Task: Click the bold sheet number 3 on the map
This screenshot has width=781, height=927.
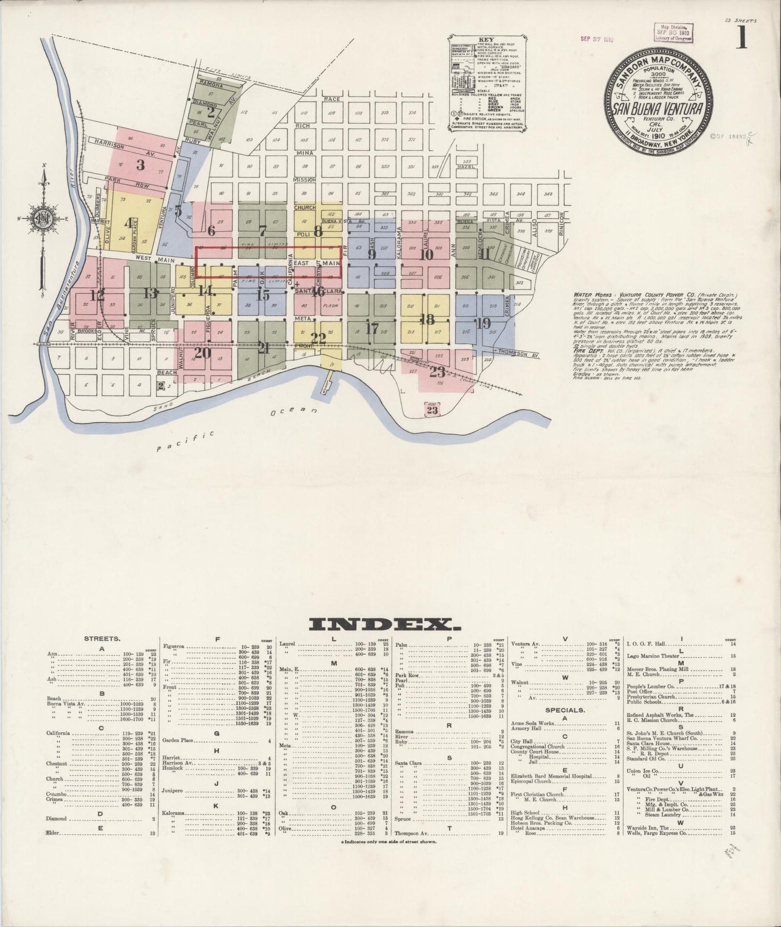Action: click(x=141, y=164)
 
